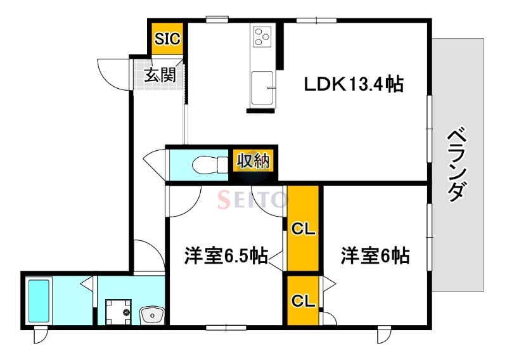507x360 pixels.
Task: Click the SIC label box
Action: tap(167, 39)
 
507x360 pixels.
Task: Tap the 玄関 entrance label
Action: tap(160, 75)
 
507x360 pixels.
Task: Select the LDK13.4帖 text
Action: tap(353, 84)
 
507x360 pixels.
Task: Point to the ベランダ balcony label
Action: tap(459, 165)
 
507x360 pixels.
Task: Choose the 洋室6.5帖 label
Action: tap(225, 256)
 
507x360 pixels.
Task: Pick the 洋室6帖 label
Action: tap(375, 256)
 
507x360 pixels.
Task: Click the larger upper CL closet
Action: tap(303, 228)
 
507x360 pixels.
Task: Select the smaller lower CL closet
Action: tap(303, 300)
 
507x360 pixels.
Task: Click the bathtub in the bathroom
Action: tap(39, 301)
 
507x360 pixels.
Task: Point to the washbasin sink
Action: tap(151, 313)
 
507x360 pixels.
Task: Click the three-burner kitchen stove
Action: tap(261, 36)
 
